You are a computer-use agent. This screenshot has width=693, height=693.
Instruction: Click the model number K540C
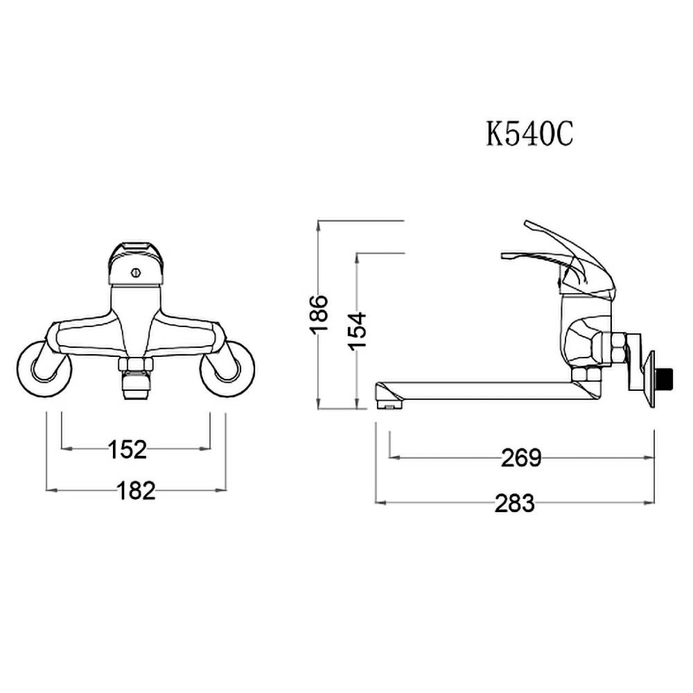529,134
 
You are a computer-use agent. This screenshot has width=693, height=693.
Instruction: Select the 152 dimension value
128,450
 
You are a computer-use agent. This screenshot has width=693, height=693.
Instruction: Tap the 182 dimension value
136,491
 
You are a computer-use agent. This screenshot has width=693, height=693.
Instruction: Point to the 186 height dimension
319,314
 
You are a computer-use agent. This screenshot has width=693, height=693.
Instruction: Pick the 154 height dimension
357,331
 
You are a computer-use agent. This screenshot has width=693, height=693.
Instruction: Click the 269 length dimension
521,458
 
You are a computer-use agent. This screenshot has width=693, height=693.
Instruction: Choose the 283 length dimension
514,503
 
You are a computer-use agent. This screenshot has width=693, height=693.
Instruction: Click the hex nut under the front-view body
136,365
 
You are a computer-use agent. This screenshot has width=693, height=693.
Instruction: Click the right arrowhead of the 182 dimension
220,490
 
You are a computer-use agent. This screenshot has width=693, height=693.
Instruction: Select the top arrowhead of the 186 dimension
318,225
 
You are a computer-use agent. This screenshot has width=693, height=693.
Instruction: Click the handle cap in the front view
136,263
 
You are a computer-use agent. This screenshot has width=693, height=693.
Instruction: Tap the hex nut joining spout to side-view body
586,374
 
